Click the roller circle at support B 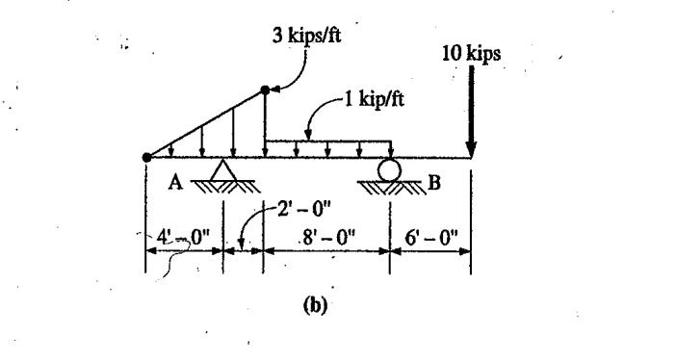(x=390, y=168)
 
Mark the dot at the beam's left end (x=146, y=157)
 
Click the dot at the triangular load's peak (x=265, y=90)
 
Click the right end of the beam (x=470, y=157)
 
